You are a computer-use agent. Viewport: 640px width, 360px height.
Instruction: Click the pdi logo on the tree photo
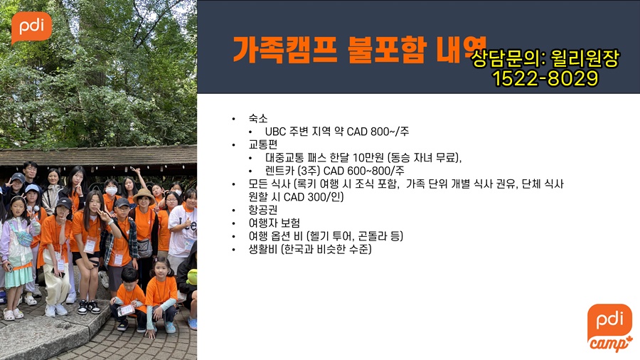(31, 27)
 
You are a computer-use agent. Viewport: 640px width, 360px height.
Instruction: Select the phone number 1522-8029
(545, 78)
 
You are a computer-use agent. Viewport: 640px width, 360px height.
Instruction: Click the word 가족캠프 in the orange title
(284, 50)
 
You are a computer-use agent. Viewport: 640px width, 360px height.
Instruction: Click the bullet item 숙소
(258, 118)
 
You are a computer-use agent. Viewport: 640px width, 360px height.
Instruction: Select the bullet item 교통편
(263, 144)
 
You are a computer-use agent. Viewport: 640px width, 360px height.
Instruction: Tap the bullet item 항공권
(263, 210)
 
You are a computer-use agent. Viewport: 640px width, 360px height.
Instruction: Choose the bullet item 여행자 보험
(274, 223)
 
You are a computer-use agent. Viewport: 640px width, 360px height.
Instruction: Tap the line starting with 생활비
(310, 249)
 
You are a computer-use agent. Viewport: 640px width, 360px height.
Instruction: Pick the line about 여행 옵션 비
(326, 236)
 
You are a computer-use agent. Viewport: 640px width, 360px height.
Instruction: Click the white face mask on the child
(112, 191)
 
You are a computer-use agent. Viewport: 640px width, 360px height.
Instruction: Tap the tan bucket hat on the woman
(144, 195)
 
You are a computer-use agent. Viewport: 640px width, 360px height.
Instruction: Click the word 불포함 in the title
(387, 50)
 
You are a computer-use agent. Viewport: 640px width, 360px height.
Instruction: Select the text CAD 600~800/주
(363, 171)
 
